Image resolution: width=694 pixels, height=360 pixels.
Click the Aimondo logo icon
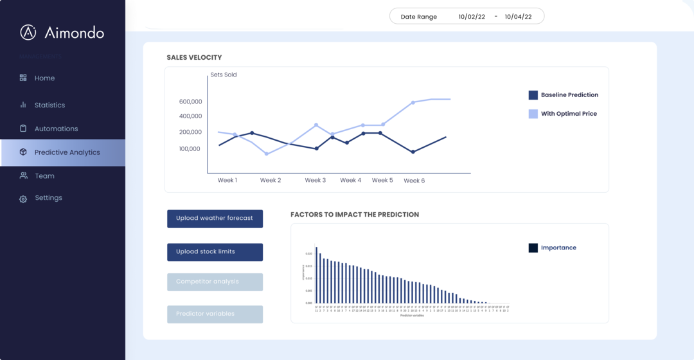pos(28,32)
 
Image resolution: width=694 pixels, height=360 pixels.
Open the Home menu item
pos(44,78)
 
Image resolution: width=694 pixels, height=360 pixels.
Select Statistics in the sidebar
pos(49,105)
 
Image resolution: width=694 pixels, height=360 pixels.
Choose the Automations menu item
pos(56,129)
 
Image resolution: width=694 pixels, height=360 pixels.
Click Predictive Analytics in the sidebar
pos(67,152)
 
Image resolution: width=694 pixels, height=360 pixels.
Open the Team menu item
pos(44,175)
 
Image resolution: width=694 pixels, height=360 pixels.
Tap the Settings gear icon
pos(23,199)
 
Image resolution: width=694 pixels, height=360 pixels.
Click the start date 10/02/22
pos(471,17)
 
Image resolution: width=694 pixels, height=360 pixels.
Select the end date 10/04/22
pos(518,17)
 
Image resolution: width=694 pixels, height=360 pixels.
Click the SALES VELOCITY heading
pos(194,57)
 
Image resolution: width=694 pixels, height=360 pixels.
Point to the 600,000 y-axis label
pos(190,102)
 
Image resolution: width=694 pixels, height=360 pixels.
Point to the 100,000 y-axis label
pos(190,148)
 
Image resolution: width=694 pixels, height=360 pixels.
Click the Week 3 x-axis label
pos(315,180)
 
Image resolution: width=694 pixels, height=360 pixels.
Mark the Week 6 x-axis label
pos(414,181)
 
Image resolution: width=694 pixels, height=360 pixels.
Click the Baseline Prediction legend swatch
pos(533,95)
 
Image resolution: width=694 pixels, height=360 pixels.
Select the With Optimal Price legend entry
pos(568,114)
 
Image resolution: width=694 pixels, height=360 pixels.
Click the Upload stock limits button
pos(215,252)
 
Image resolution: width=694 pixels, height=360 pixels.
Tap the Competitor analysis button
pos(215,282)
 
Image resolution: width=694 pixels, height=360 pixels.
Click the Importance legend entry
pos(558,248)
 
